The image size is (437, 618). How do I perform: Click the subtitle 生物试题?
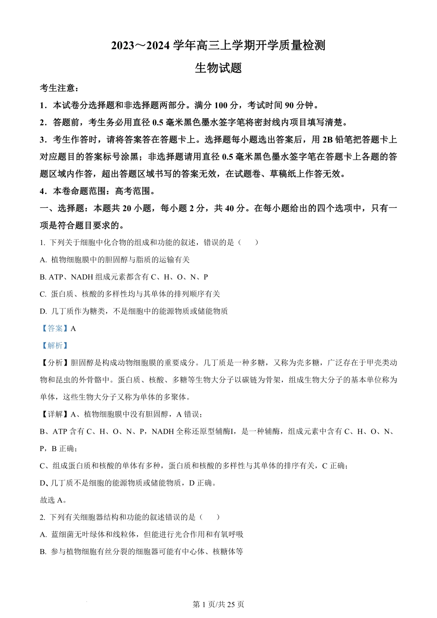coord(218,68)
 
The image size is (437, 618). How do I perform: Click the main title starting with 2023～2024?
coord(218,46)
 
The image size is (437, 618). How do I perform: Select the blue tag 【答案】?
coord(54,328)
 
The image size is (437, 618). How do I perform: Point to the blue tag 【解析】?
coord(54,345)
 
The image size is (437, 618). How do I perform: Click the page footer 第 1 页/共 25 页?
coord(218,604)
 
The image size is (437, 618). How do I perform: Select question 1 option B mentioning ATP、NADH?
coord(124,277)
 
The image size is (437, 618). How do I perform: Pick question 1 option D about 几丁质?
coord(134,311)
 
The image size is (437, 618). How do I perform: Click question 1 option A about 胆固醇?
coord(115,260)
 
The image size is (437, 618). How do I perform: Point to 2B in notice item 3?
coord(327,140)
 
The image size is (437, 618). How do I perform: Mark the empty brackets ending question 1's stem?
coord(248,242)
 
